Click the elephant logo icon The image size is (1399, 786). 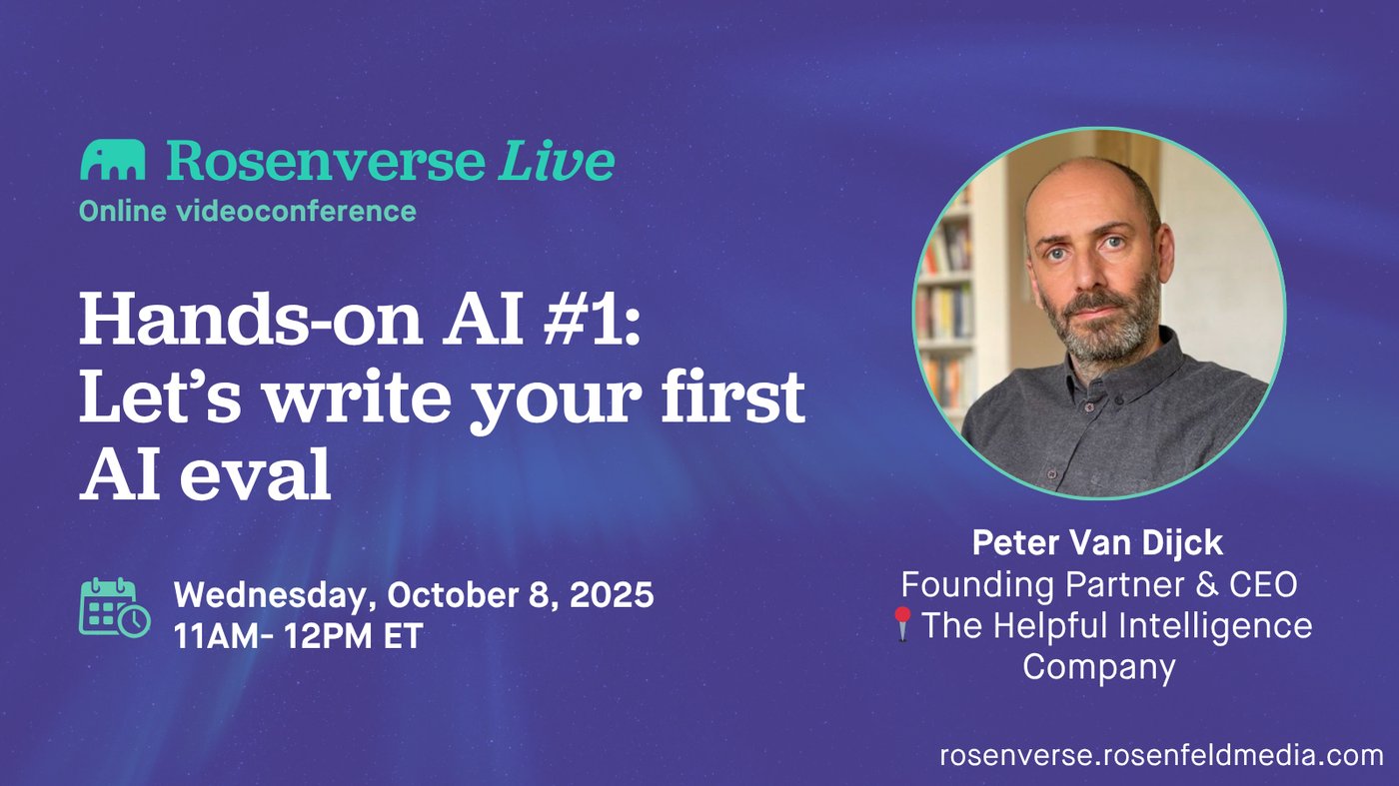point(112,160)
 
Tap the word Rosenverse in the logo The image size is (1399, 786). point(326,160)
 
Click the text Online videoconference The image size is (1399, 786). point(248,211)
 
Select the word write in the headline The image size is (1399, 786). point(358,395)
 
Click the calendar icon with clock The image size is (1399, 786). point(115,607)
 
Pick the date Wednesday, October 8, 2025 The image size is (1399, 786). point(414,593)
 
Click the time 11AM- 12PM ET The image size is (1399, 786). point(299,635)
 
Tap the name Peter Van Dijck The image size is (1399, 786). point(1097,542)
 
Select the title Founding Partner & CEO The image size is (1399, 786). point(1099,584)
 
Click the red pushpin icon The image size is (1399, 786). point(902,623)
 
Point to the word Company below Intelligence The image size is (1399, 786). point(1098,666)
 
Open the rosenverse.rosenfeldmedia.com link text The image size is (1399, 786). point(1161,755)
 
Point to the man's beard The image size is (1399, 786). point(1102,325)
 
